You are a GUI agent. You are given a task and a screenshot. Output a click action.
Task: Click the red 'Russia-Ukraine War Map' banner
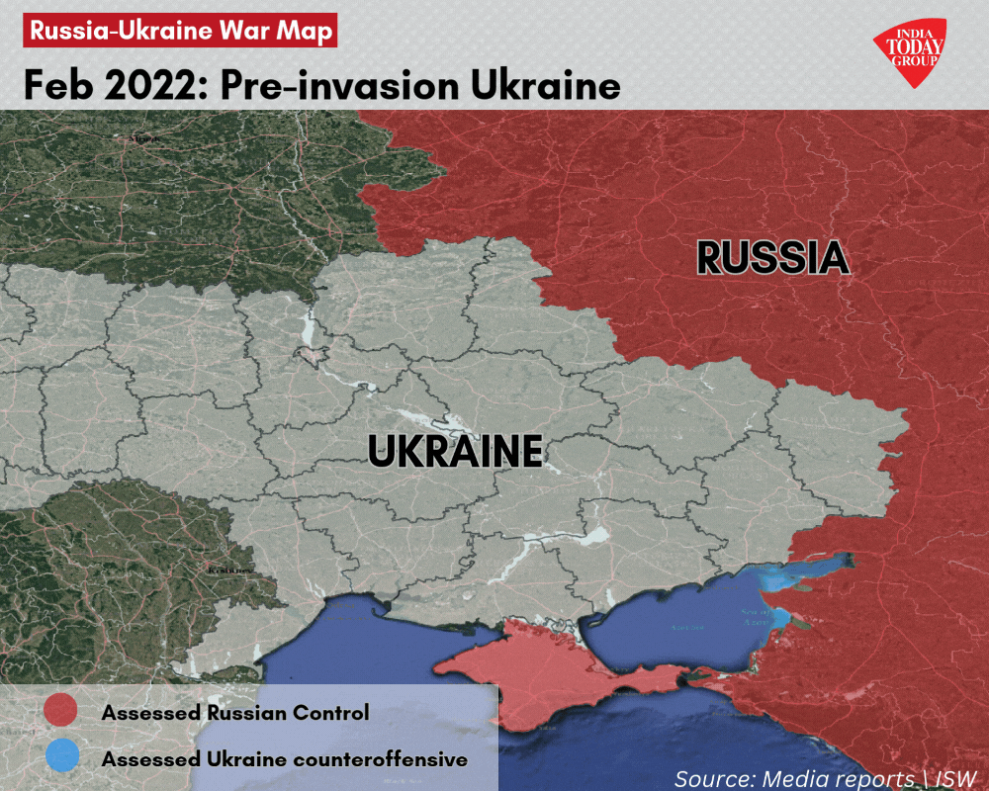pos(180,30)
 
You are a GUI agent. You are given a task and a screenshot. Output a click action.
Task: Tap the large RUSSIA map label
pos(772,258)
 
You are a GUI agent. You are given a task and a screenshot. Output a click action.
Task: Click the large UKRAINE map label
pos(455,452)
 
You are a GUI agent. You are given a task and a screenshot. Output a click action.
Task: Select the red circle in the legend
pos(61,711)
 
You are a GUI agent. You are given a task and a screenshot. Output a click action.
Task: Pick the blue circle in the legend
pos(61,757)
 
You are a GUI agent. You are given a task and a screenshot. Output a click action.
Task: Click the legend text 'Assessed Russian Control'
pos(235,712)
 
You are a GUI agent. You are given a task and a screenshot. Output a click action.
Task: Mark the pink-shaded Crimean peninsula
pos(554,672)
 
